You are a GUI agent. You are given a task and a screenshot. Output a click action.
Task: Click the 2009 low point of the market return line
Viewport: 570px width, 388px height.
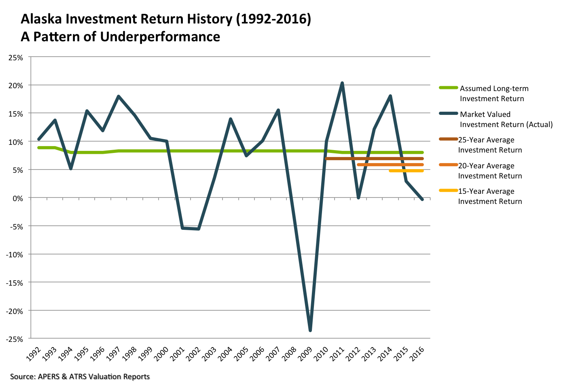310,331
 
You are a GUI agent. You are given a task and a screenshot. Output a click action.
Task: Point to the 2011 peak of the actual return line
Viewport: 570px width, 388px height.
342,83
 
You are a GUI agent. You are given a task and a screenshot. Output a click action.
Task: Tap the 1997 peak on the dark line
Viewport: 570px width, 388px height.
119,96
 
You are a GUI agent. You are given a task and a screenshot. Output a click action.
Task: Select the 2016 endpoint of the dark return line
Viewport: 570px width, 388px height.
422,199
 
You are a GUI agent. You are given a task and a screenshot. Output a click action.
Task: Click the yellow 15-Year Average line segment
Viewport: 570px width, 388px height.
406,171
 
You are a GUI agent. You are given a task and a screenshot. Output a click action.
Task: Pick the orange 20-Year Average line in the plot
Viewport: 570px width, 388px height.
390,165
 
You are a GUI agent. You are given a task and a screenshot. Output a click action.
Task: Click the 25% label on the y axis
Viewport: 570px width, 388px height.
15,57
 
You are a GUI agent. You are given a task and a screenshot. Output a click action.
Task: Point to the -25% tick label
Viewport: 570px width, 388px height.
14,339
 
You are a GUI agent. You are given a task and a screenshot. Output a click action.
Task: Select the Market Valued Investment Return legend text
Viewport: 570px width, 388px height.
506,119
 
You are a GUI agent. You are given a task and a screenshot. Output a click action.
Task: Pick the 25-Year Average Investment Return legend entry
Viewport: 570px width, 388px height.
489,145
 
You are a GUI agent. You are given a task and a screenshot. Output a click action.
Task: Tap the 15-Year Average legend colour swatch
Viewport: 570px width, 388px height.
448,190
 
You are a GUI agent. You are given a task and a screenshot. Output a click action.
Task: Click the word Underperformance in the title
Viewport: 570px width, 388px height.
160,37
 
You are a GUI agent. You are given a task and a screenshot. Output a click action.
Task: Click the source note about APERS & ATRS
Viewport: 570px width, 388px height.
80,377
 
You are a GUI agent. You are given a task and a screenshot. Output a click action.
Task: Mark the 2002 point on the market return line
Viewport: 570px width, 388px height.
198,229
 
